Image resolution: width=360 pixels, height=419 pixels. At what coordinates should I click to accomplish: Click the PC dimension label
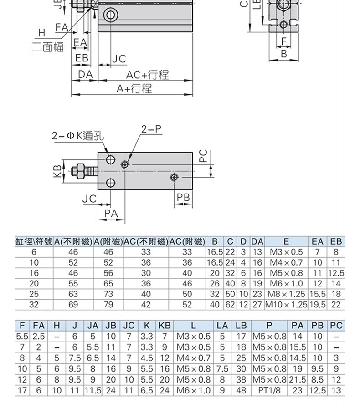click(204, 156)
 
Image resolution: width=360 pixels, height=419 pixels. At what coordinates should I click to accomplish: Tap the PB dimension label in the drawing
click(183, 198)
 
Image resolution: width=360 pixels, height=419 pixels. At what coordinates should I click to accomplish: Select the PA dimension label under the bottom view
click(111, 214)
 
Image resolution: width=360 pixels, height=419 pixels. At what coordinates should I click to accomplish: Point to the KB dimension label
click(57, 171)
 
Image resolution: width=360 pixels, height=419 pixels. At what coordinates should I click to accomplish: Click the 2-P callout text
click(152, 129)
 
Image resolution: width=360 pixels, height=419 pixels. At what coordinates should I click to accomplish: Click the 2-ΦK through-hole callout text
click(78, 136)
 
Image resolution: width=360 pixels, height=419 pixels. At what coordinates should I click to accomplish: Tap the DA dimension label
click(85, 75)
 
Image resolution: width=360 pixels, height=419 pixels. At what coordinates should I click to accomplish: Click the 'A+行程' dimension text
click(134, 88)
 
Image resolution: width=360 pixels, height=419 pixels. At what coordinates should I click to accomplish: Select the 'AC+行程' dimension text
click(147, 75)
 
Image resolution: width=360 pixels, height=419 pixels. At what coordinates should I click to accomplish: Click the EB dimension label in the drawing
click(82, 58)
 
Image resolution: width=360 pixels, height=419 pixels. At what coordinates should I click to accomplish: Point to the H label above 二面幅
click(42, 33)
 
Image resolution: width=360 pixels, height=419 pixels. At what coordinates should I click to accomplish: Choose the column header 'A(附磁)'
click(108, 241)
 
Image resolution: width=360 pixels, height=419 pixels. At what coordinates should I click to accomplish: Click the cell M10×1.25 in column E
click(286, 305)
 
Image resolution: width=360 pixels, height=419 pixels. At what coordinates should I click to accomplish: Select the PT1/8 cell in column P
click(269, 390)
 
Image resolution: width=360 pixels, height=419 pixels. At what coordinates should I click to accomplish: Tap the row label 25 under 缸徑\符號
click(34, 294)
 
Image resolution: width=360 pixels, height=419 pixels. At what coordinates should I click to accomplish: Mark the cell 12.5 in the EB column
click(336, 273)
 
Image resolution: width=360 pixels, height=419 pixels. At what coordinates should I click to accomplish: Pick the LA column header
click(222, 326)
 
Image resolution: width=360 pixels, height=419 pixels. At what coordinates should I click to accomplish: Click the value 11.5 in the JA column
click(93, 390)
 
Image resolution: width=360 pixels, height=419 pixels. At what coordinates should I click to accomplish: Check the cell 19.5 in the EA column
click(318, 305)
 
